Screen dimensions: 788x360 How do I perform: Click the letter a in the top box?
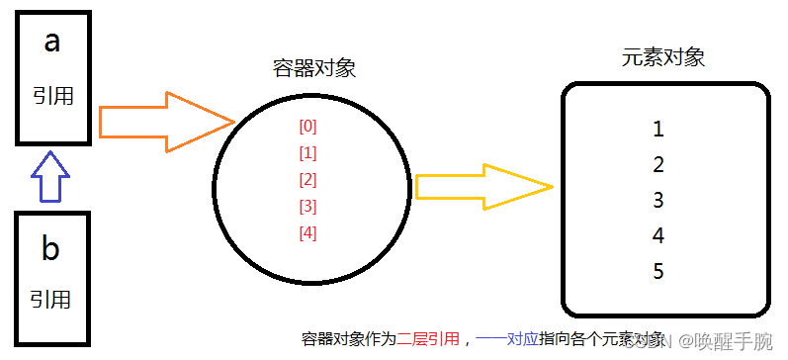click(x=51, y=43)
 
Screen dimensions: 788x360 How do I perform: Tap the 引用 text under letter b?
click(x=50, y=298)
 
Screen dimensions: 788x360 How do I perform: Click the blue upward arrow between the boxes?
click(x=48, y=176)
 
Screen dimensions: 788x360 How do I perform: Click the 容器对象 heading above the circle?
click(x=313, y=68)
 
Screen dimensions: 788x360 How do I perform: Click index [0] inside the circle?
click(x=307, y=127)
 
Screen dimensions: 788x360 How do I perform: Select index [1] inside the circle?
click(x=307, y=153)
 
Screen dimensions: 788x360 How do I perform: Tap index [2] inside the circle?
click(x=307, y=180)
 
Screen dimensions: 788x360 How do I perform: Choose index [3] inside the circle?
click(x=307, y=207)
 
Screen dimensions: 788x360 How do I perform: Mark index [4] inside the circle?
click(x=307, y=233)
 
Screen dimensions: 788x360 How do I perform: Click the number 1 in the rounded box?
click(x=658, y=130)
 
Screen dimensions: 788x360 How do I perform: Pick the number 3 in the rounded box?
click(x=658, y=201)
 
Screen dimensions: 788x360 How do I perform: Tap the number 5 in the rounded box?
click(x=658, y=271)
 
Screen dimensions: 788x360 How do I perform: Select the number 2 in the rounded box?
click(x=658, y=165)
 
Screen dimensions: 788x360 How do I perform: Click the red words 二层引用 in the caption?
click(x=428, y=339)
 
